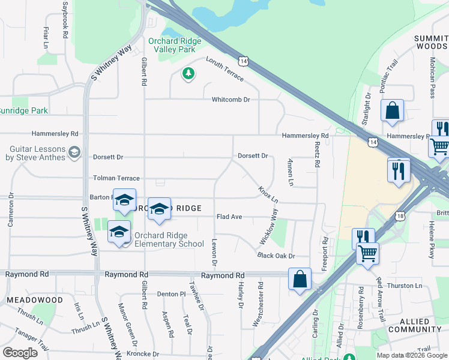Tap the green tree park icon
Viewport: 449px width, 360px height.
188,74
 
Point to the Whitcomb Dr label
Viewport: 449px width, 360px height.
230,100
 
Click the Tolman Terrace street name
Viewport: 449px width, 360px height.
116,178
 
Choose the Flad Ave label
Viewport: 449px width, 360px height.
229,217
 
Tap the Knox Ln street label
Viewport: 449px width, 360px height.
268,194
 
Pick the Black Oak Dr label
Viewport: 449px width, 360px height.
276,256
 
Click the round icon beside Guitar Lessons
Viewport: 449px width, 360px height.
74,152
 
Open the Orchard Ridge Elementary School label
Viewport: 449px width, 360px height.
160,239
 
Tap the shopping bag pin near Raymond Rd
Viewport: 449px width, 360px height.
300,279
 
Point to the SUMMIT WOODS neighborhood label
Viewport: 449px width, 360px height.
431,42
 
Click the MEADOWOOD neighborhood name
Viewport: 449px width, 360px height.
35,299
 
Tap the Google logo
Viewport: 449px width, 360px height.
20,353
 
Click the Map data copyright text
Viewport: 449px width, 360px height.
411,355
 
